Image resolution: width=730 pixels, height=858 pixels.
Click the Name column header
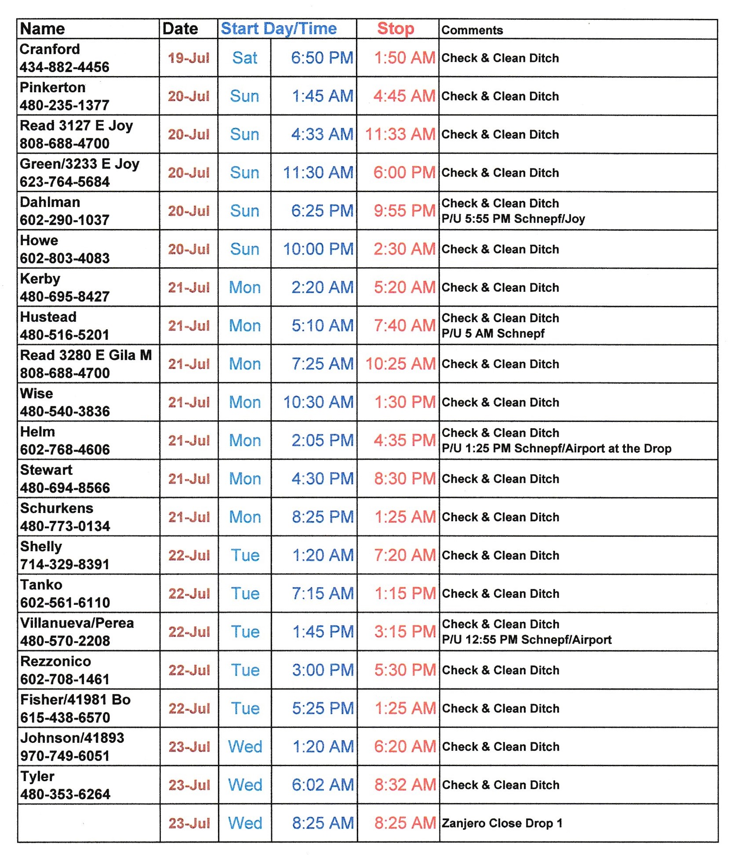[43, 29]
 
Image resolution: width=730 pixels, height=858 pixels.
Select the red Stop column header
[396, 29]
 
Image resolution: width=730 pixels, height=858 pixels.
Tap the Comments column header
[472, 30]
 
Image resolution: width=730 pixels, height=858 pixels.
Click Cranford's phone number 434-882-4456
[64, 67]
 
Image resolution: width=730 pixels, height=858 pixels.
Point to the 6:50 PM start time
[322, 58]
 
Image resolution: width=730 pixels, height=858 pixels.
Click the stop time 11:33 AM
[400, 135]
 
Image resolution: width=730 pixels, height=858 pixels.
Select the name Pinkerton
[53, 87]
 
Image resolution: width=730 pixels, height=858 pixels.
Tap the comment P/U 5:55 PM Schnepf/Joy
[513, 219]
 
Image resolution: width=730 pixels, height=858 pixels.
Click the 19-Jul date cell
[189, 58]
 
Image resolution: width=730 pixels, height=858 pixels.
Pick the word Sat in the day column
[245, 58]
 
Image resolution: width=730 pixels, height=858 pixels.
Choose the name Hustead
[48, 317]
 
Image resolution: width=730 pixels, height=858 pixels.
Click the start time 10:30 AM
[318, 402]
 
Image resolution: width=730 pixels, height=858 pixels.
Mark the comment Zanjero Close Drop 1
[502, 823]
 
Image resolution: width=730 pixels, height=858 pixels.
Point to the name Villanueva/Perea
[77, 623]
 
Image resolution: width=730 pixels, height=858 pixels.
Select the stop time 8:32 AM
[404, 785]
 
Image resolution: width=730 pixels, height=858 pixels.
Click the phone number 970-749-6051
[65, 756]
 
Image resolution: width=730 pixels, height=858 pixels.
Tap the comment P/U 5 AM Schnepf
[493, 334]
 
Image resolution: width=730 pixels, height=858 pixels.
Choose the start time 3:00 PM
[323, 670]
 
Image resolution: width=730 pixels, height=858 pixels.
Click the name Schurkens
[57, 508]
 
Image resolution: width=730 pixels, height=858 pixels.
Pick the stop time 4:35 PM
[404, 440]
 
